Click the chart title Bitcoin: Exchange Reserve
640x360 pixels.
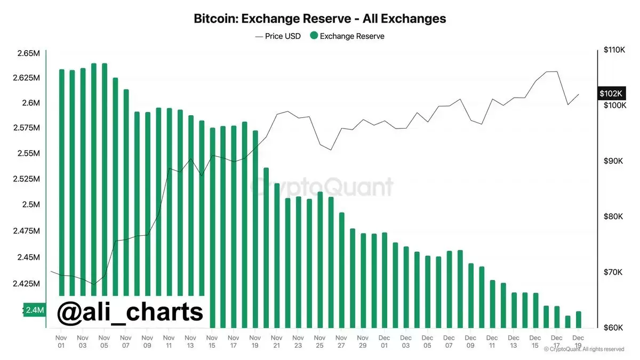(x=319, y=19)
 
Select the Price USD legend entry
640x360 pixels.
(x=278, y=36)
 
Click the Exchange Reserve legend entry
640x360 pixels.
(x=347, y=36)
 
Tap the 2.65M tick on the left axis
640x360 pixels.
(x=28, y=54)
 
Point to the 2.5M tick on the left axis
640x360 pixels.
(x=31, y=205)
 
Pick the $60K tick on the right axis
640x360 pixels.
(x=613, y=327)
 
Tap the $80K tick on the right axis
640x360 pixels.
(x=613, y=217)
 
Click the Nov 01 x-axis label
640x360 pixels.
(x=61, y=341)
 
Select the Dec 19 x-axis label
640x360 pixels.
(x=579, y=341)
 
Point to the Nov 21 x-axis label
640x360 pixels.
(x=277, y=341)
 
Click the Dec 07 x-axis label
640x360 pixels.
(x=449, y=341)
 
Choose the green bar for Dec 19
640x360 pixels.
(x=579, y=319)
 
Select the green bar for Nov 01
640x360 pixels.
(x=61, y=181)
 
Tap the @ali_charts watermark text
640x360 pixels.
(x=131, y=312)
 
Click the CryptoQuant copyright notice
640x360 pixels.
(x=583, y=349)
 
